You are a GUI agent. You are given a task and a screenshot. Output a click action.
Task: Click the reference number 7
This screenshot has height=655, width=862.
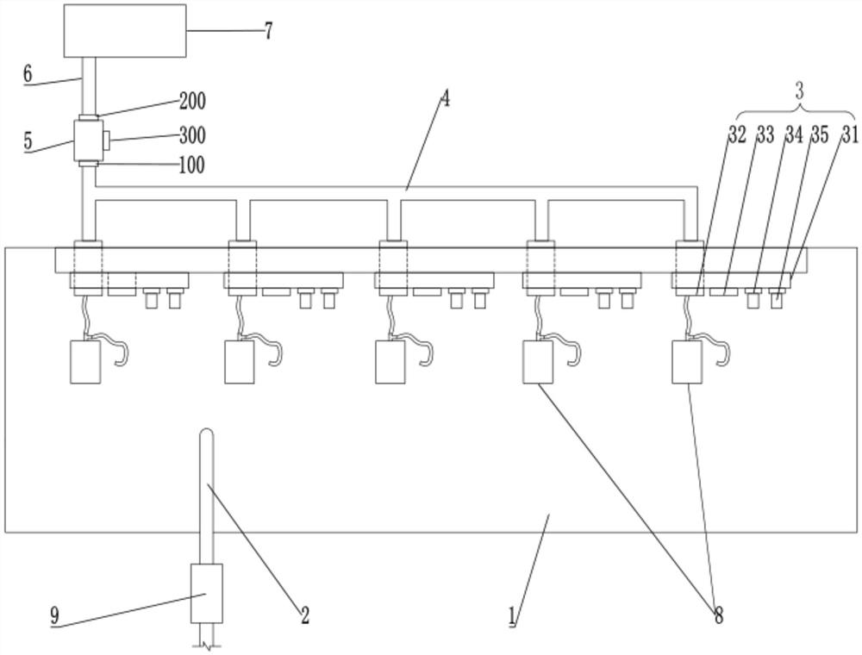[x=268, y=31]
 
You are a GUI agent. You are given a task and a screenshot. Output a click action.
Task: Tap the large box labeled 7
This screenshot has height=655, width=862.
[x=124, y=30]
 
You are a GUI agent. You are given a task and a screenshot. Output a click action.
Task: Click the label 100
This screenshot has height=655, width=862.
[x=191, y=165]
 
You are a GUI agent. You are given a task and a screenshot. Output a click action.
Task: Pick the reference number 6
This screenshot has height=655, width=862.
[x=28, y=74]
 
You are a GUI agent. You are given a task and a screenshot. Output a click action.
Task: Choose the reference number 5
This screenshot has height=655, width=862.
[x=28, y=140]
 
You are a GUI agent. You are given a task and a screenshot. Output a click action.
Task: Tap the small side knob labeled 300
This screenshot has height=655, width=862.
[x=104, y=138]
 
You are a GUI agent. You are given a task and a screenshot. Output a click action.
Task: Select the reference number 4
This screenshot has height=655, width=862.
[x=445, y=98]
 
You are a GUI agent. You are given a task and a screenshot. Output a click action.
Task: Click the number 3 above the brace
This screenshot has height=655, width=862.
[x=799, y=90]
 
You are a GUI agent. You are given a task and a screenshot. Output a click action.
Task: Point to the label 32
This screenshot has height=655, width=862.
[x=736, y=134]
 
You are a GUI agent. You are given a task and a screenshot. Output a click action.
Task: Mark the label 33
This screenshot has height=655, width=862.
[x=765, y=134]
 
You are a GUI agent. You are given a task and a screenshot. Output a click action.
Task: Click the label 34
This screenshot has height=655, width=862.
[x=793, y=134]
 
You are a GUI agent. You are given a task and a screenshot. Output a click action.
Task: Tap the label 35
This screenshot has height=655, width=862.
[x=819, y=134]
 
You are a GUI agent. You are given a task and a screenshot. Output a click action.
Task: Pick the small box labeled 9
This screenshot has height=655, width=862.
[x=206, y=593]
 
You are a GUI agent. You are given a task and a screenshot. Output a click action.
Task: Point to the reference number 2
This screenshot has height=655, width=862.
[x=303, y=614]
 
